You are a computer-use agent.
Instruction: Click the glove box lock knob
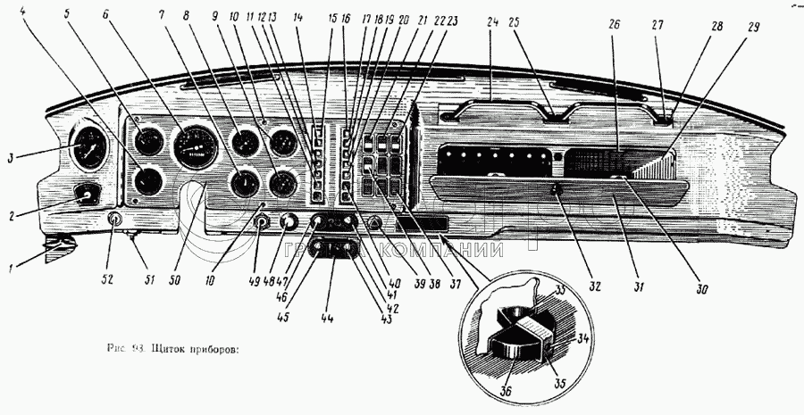pos(556,188)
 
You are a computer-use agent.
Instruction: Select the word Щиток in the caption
pos(171,349)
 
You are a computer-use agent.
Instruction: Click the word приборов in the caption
pos(214,349)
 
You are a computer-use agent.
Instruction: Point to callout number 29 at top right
pos(755,28)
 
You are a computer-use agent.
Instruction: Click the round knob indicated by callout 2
pos(87,194)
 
